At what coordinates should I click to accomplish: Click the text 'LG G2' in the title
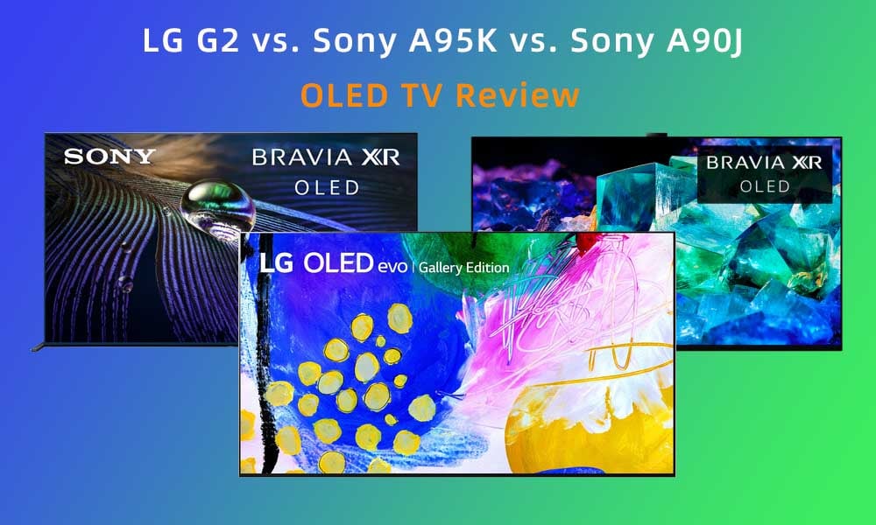pos(191,41)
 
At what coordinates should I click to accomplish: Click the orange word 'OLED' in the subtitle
pos(343,94)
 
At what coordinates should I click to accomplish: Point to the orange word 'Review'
pos(518,94)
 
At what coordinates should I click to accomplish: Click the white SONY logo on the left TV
pos(109,157)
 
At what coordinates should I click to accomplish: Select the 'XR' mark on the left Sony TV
pos(380,157)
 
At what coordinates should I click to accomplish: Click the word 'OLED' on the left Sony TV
pos(327,188)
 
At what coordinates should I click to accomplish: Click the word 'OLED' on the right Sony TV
pos(765,186)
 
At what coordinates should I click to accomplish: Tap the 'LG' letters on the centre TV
pos(276,263)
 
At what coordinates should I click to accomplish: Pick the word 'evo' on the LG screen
pos(392,267)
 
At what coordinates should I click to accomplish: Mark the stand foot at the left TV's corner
pos(38,347)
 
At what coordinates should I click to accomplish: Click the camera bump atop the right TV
pos(657,135)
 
